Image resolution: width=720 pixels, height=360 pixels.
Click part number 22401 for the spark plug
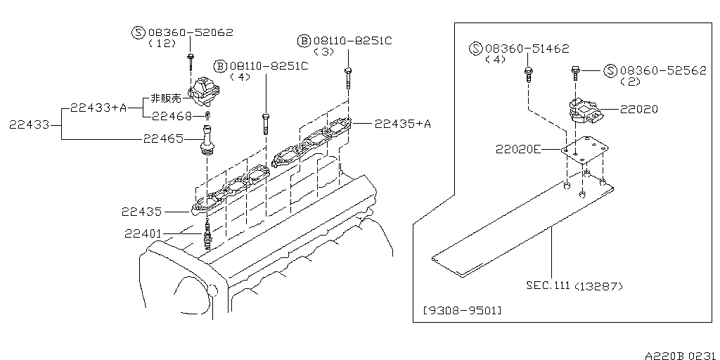(144, 233)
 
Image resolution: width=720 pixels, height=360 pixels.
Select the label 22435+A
(402, 124)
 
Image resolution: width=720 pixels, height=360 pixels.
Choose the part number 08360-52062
(189, 32)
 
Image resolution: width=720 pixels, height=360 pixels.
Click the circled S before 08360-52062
(138, 32)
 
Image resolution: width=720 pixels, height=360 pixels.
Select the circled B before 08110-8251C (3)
(304, 41)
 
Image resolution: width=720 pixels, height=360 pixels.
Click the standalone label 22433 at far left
(28, 124)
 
